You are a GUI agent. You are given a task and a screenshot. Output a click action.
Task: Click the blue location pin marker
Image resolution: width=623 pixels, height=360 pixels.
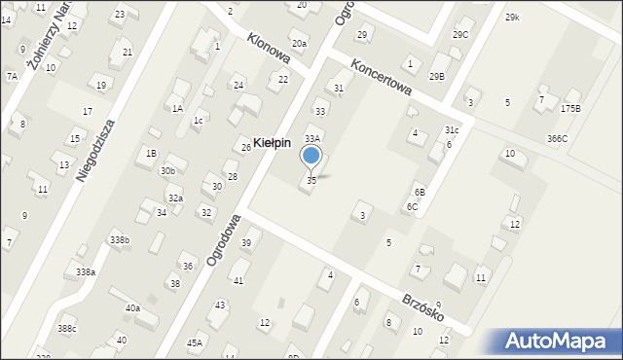point(311,156)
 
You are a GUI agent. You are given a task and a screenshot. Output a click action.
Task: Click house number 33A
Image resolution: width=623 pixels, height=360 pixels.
point(312,140)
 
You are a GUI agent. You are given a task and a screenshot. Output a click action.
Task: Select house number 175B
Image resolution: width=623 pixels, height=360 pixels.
point(570,108)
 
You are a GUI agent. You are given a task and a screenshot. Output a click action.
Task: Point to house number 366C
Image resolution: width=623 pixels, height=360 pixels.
point(557,138)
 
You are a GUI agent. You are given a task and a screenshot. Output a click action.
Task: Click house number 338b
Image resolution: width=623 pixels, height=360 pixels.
point(119,239)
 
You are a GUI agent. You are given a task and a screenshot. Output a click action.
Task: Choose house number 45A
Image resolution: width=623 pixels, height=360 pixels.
point(195,342)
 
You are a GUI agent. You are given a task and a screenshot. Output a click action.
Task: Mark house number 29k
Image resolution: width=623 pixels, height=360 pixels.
point(512,18)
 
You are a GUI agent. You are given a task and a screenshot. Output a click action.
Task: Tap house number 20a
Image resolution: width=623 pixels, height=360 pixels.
point(300,44)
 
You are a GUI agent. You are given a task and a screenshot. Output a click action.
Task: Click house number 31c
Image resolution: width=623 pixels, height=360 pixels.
point(452,129)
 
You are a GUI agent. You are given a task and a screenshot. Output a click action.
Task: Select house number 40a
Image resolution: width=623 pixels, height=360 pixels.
point(132,308)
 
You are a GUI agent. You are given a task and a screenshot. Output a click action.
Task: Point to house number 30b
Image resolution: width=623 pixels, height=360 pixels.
point(168,170)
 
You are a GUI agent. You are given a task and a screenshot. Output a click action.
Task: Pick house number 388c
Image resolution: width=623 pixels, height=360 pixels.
point(66,329)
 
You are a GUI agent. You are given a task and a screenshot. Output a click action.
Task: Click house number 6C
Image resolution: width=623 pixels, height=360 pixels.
point(413,206)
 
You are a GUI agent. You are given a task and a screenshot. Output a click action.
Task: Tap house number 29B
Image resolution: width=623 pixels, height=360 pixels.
point(436,76)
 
